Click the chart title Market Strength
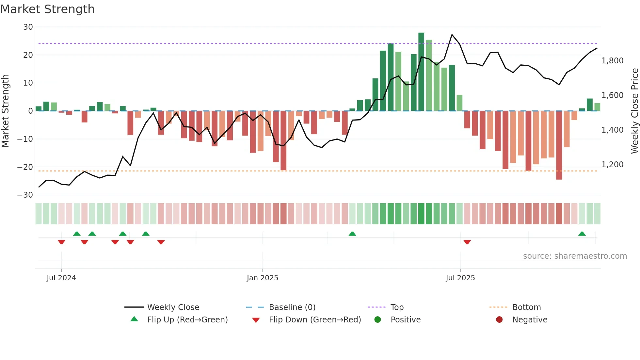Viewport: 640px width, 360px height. point(47,9)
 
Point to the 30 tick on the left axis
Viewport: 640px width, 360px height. point(28,27)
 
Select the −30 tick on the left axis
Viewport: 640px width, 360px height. point(25,195)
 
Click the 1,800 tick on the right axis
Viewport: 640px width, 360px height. point(612,61)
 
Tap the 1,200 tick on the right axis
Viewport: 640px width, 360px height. point(612,165)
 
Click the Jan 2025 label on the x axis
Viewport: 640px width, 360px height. point(262,278)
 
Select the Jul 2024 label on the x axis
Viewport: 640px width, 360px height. point(61,278)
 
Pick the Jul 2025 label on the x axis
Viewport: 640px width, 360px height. point(460,278)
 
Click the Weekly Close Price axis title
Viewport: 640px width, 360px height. point(634,111)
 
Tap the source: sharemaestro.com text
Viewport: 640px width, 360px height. point(575,256)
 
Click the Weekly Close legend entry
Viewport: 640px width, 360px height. point(173,307)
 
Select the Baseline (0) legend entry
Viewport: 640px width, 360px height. point(292,307)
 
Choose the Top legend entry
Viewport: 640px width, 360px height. point(397,307)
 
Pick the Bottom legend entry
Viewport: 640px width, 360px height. point(526,307)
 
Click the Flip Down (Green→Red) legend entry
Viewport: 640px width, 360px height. point(314,320)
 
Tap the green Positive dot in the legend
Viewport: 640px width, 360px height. point(377,320)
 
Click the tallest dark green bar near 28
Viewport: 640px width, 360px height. point(421,72)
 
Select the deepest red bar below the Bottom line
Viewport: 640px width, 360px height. point(559,145)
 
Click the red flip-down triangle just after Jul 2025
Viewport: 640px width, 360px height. point(467,242)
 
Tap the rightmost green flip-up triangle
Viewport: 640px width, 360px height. point(582,234)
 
